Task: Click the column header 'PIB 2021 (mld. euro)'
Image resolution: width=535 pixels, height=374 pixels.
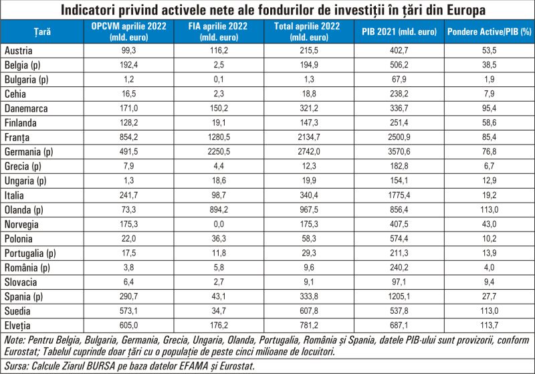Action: (x=399, y=31)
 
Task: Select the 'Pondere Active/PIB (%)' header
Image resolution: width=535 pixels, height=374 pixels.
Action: (x=490, y=31)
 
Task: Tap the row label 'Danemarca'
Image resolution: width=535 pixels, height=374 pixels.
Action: (x=26, y=108)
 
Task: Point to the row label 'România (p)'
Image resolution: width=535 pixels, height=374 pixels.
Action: (x=27, y=268)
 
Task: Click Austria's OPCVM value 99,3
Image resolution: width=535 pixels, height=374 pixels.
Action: (x=128, y=50)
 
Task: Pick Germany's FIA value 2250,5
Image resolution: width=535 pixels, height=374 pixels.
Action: (x=219, y=151)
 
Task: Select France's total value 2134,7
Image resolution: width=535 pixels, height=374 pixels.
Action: (x=309, y=137)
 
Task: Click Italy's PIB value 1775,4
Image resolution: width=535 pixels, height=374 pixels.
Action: (x=399, y=195)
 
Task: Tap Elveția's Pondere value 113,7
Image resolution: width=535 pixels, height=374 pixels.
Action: (x=490, y=325)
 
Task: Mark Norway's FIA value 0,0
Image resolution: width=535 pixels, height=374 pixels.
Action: (x=219, y=224)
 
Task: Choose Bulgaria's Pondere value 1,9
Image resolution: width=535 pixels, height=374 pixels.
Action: (x=490, y=80)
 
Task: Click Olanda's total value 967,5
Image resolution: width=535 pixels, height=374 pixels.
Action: (x=309, y=209)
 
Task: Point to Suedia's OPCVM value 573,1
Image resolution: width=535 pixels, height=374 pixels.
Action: (x=128, y=311)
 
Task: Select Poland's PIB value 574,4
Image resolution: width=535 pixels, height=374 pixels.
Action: (x=399, y=239)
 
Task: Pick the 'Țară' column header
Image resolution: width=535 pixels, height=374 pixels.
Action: (x=42, y=31)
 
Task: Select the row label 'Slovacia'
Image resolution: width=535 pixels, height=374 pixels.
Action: (x=21, y=282)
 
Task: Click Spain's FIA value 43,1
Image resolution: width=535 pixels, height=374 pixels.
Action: (x=219, y=296)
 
